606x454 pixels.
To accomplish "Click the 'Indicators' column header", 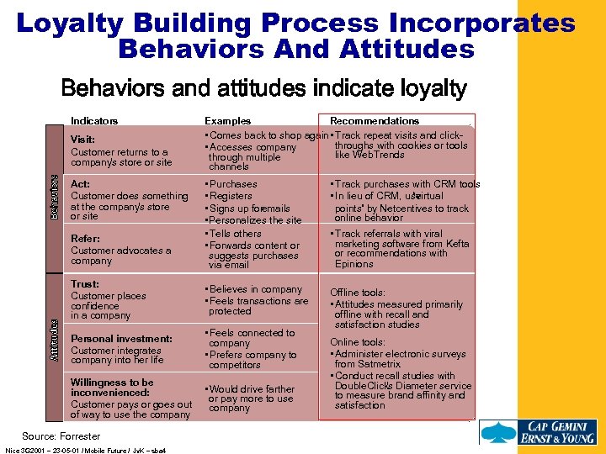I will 94,121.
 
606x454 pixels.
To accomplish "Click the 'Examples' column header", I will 228,121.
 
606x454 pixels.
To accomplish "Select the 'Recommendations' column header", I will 375,121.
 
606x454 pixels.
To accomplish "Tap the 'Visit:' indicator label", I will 82,140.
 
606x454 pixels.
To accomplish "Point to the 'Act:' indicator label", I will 81,184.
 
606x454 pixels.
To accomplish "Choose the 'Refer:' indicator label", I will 86,239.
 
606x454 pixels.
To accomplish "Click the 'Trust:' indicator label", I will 85,285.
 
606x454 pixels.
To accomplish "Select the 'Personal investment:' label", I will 121,339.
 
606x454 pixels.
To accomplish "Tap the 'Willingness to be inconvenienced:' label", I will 112,388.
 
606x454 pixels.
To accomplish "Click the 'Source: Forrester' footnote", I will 61,436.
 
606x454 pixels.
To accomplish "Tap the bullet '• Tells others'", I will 235,233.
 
